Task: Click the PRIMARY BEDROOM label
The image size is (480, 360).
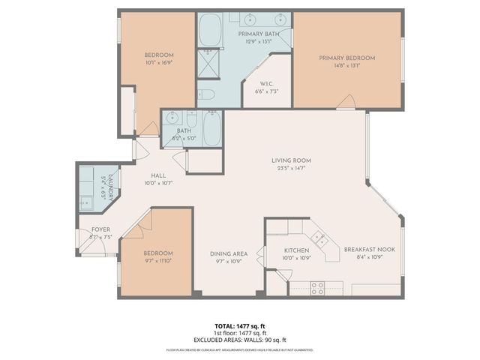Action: pyautogui.click(x=346, y=58)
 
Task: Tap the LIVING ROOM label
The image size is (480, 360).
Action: pyautogui.click(x=291, y=160)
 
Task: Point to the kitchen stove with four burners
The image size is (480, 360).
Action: pyautogui.click(x=317, y=286)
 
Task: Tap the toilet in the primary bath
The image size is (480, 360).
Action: pyautogui.click(x=208, y=95)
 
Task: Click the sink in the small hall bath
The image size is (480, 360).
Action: pyautogui.click(x=173, y=118)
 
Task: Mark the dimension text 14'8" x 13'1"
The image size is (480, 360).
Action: pyautogui.click(x=346, y=65)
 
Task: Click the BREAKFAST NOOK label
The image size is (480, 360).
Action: pyautogui.click(x=364, y=250)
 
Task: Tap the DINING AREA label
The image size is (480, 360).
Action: pyautogui.click(x=229, y=253)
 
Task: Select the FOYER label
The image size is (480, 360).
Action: pyautogui.click(x=100, y=229)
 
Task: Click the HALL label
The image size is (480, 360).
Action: pyautogui.click(x=158, y=175)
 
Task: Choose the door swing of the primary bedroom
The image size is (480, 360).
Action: pyautogui.click(x=346, y=102)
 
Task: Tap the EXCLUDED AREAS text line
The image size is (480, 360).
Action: pyautogui.click(x=240, y=339)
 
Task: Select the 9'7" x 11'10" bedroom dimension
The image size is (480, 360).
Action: pyautogui.click(x=158, y=261)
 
